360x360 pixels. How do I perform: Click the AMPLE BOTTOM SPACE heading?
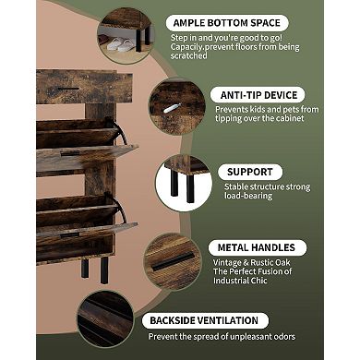click(227, 23)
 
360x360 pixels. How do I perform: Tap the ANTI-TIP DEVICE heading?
click(258, 95)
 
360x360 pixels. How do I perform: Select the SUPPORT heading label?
click(250, 172)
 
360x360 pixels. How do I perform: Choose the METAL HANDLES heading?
click(257, 247)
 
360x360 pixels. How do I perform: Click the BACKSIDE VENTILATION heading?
click(204, 320)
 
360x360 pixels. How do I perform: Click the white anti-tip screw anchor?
click(170, 109)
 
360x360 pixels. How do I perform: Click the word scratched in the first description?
click(189, 56)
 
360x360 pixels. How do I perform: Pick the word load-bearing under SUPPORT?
click(248, 196)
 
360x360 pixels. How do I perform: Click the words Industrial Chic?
click(240, 281)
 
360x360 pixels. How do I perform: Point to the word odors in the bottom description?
click(283, 337)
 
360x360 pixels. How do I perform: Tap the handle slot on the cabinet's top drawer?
click(68, 89)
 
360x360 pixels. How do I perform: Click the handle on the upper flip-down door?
click(71, 153)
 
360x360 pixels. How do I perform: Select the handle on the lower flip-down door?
click(70, 235)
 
